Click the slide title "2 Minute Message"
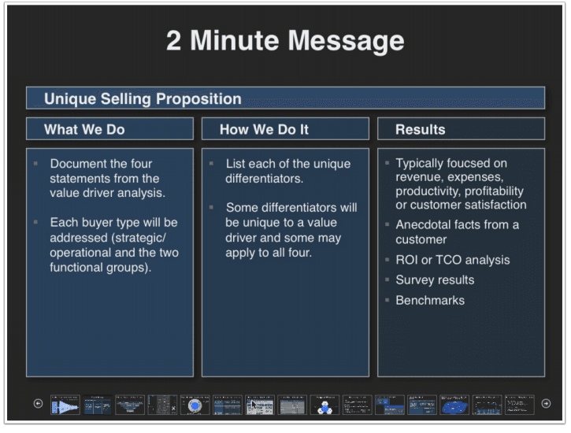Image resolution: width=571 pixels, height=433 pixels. (285, 40)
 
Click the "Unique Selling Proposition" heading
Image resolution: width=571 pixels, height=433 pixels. (143, 98)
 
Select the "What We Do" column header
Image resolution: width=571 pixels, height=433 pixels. (84, 129)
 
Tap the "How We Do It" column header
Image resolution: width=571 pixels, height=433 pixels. (264, 129)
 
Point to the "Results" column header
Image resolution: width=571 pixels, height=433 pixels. (420, 129)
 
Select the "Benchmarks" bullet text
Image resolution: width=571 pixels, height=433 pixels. (430, 300)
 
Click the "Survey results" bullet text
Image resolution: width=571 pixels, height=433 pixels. (435, 279)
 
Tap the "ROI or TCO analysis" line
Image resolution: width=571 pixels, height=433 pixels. (452, 260)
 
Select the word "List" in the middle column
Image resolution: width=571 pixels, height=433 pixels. (237, 163)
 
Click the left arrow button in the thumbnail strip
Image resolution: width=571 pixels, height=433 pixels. (38, 404)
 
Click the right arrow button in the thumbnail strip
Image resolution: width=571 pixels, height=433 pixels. (546, 404)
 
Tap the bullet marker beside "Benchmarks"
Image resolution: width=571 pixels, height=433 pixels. (387, 300)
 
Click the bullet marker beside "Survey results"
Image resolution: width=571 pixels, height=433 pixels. (387, 279)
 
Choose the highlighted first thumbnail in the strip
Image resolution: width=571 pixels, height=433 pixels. (65, 405)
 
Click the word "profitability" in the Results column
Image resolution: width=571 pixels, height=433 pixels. (492, 191)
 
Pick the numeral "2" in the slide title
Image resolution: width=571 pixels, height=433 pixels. (174, 40)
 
